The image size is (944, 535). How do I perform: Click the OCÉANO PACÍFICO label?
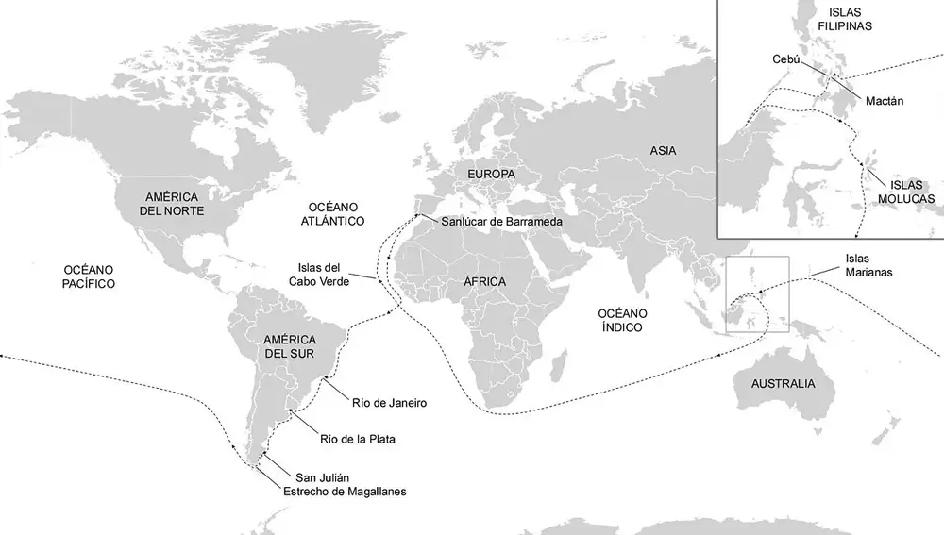click(84, 276)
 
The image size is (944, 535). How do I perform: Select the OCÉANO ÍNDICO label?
click(620, 320)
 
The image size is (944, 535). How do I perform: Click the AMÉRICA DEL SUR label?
click(289, 345)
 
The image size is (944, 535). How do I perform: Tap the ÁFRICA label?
click(484, 282)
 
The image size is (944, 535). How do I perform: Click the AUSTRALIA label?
click(783, 384)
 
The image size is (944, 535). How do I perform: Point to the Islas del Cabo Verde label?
click(324, 275)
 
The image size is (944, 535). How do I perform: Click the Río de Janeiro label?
click(390, 402)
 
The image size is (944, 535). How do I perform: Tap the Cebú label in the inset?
click(785, 59)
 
